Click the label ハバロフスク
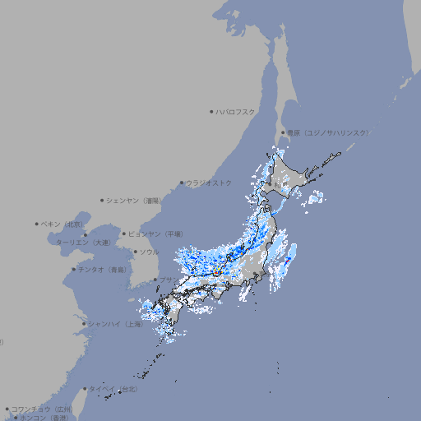(x=236, y=111)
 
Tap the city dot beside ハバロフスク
(x=211, y=111)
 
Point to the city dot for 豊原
(x=283, y=132)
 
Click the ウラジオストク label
(x=209, y=183)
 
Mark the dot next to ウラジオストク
(x=182, y=183)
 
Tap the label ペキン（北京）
(x=63, y=224)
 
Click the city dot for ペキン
(x=37, y=224)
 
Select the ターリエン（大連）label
(x=83, y=243)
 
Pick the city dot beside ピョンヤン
(x=124, y=234)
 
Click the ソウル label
(x=149, y=252)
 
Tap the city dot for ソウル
(x=134, y=252)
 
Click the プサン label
(x=167, y=280)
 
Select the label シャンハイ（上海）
(x=116, y=324)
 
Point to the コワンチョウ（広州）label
(x=42, y=409)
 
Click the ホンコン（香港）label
(x=45, y=418)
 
